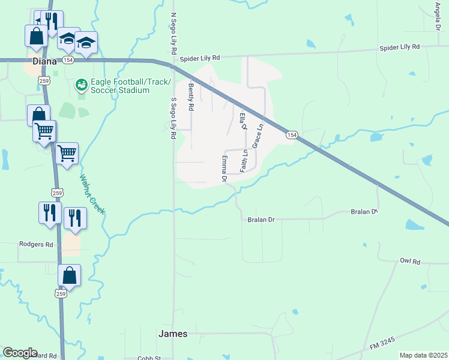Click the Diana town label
(41, 61)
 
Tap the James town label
(172, 334)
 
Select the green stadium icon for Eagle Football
(80, 85)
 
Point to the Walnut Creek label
(92, 194)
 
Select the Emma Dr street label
(224, 169)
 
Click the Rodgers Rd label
(36, 245)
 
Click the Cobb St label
(149, 358)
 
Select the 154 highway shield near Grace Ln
(291, 135)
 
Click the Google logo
(20, 353)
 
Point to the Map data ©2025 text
(423, 355)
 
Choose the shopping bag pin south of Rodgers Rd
(70, 276)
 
